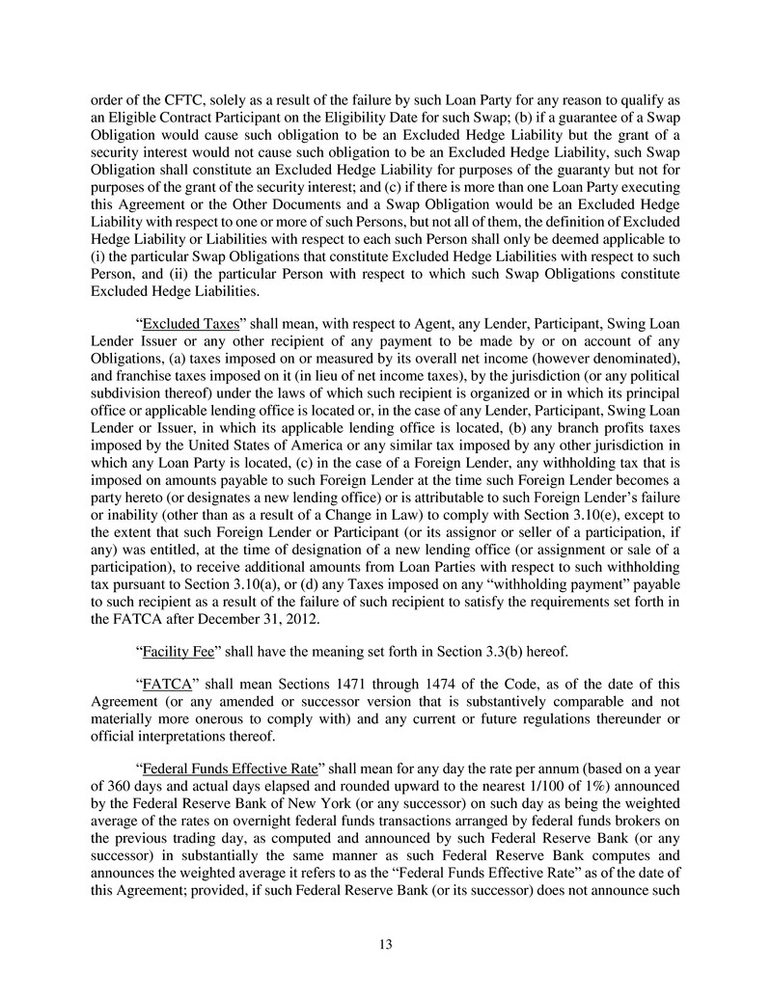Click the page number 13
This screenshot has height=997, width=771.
(x=385, y=944)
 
